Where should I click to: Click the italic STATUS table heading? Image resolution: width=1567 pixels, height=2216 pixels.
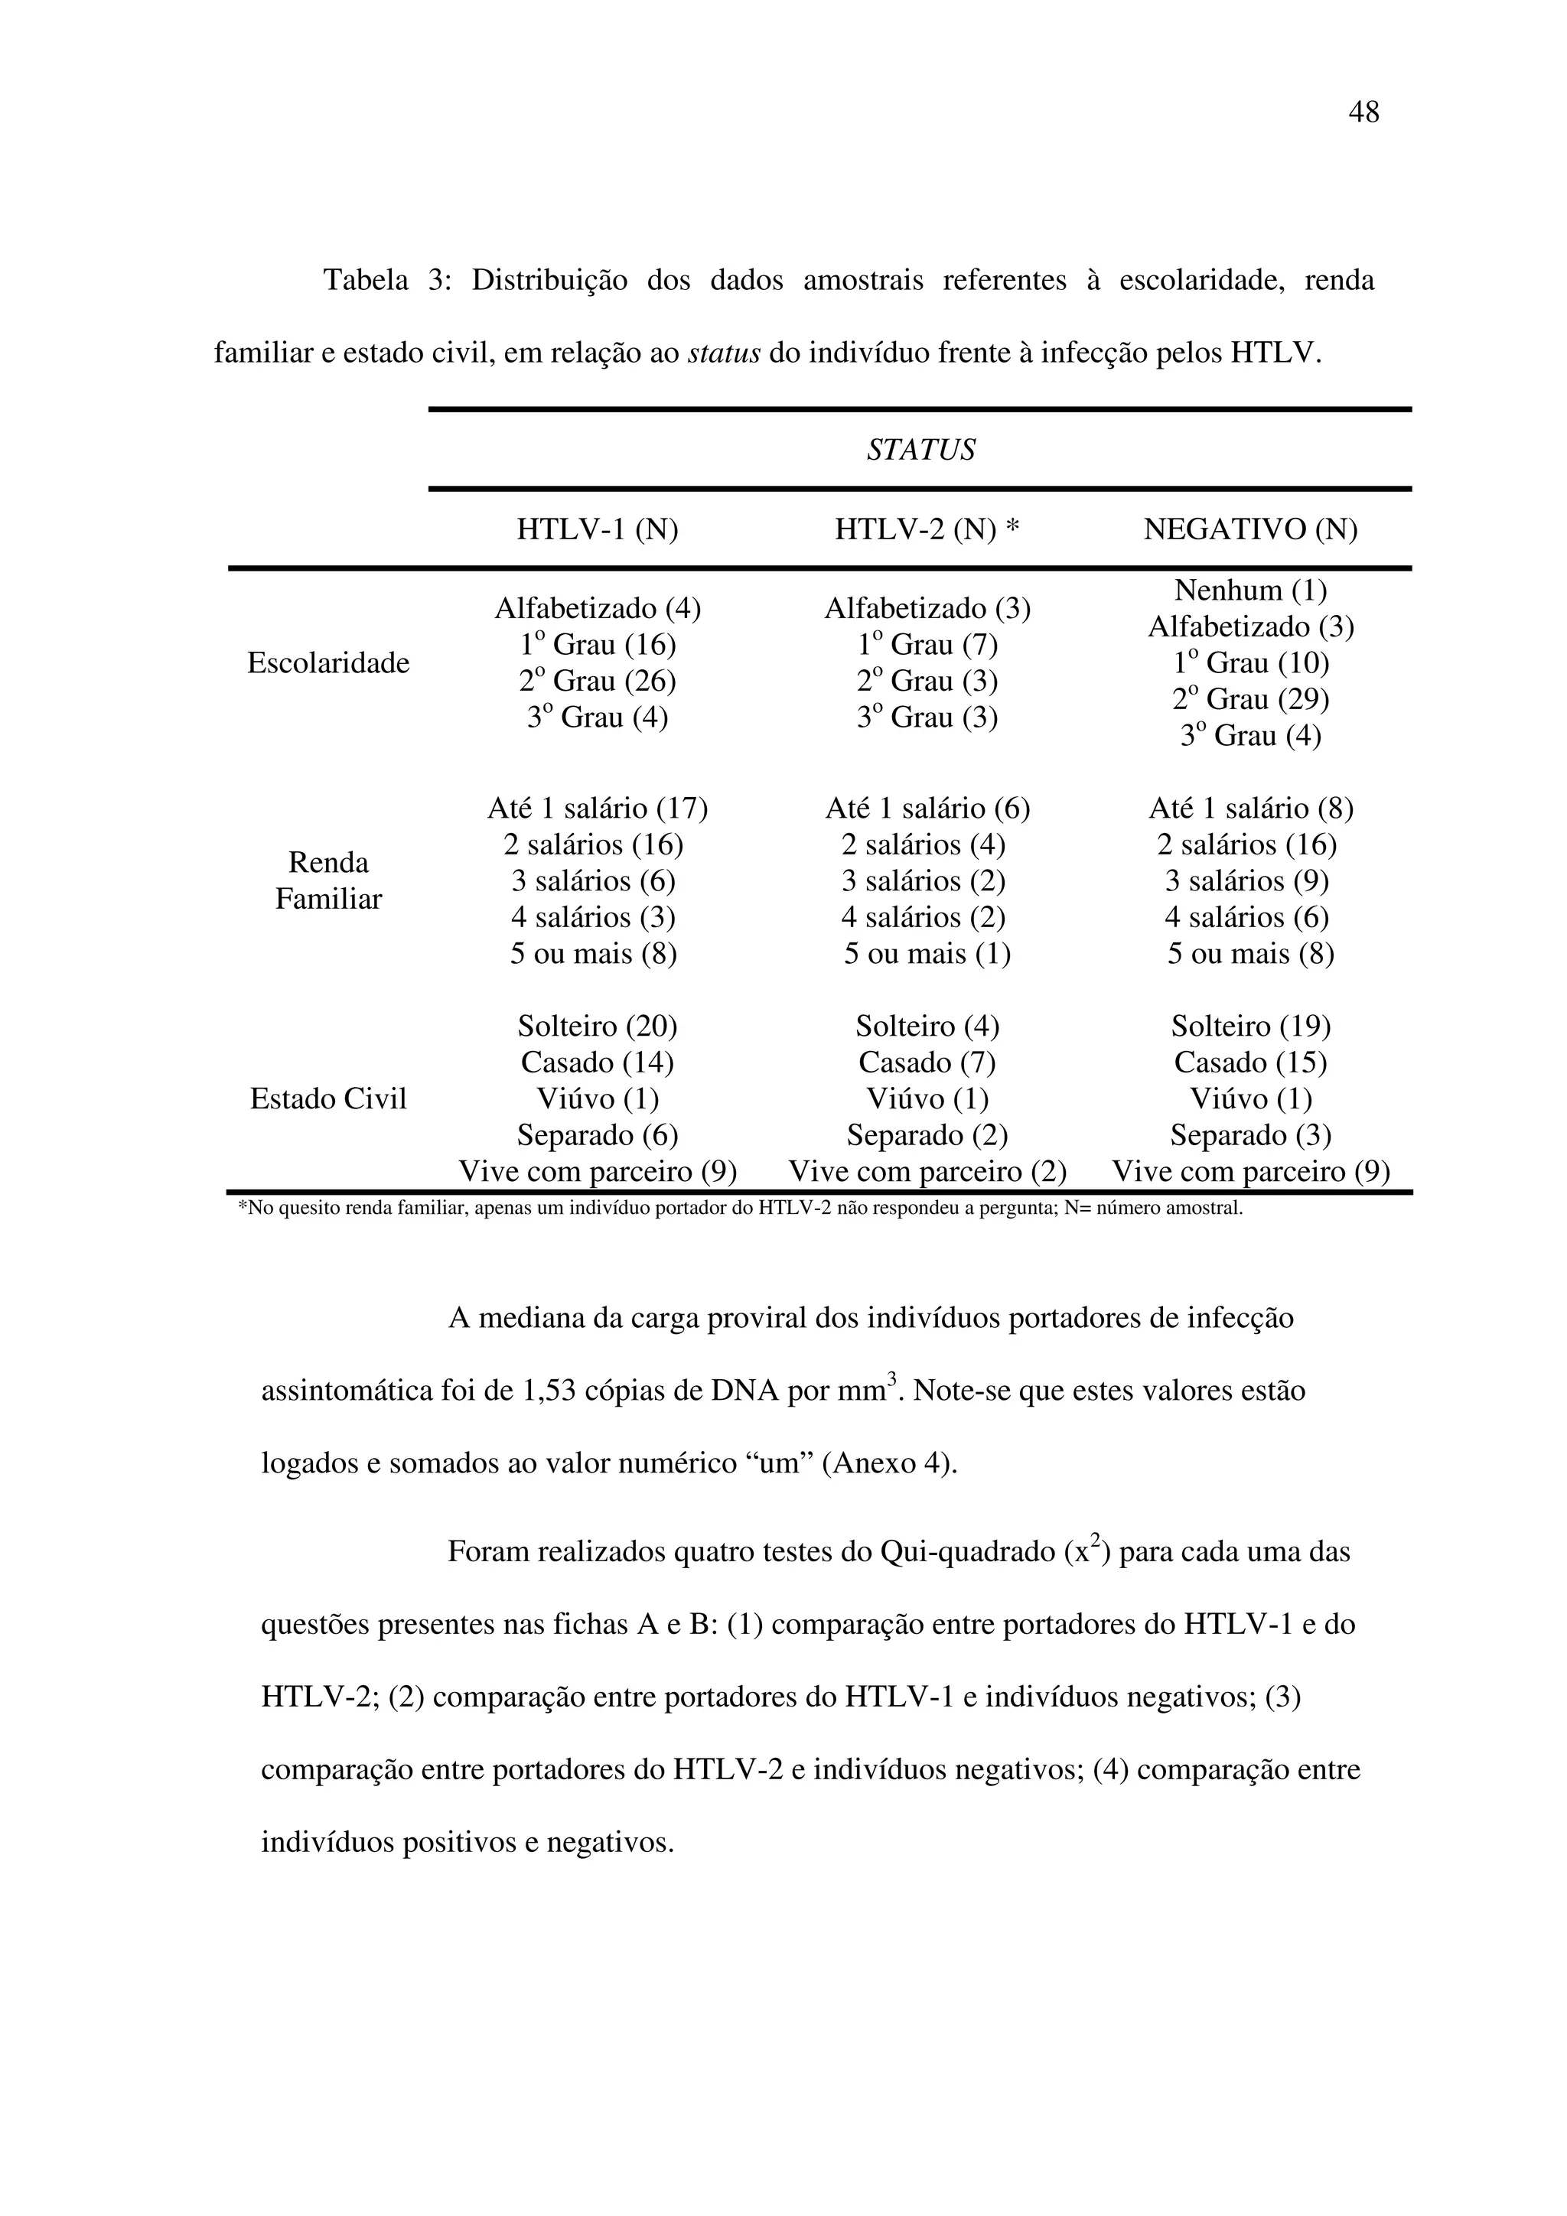[x=920, y=450]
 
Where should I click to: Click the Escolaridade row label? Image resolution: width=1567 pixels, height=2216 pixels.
[x=328, y=663]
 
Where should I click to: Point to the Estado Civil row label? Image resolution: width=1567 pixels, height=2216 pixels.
[x=328, y=1098]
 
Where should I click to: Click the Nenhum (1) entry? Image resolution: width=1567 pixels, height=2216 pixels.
[x=1250, y=590]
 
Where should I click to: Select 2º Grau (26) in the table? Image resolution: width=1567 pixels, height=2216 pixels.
[x=597, y=682]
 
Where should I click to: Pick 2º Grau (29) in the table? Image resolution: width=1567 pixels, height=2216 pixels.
[x=1250, y=699]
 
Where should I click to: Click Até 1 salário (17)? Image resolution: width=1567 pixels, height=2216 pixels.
[x=597, y=808]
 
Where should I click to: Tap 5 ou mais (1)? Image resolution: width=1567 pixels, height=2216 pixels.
[x=927, y=954]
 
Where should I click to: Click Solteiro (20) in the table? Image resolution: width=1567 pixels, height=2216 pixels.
[x=597, y=1026]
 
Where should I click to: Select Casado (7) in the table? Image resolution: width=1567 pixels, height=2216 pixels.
[x=927, y=1062]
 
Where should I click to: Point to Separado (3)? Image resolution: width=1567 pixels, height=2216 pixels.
[x=1250, y=1135]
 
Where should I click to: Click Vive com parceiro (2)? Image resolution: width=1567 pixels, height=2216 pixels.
[x=927, y=1172]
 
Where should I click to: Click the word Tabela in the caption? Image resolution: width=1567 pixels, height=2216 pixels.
[x=365, y=281]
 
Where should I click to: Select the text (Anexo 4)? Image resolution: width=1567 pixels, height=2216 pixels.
[x=888, y=1464]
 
